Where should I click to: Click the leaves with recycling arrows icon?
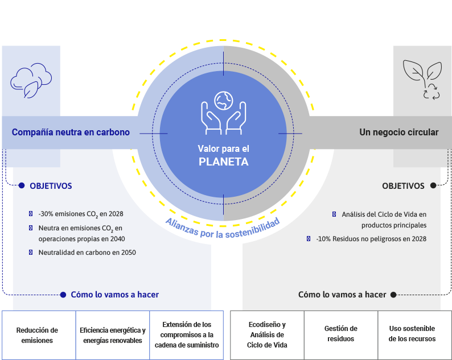click(422, 80)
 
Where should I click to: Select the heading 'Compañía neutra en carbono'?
click(71, 133)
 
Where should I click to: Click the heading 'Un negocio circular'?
click(398, 133)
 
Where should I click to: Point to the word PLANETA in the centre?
click(223, 162)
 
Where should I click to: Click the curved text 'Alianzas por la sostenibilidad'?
click(223, 224)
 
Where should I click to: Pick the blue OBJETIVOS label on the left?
click(51, 185)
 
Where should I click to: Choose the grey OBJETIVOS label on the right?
click(403, 185)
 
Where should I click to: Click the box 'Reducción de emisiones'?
click(37, 335)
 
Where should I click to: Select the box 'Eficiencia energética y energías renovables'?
click(113, 335)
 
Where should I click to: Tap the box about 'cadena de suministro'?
click(189, 335)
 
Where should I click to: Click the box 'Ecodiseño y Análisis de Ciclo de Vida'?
click(267, 335)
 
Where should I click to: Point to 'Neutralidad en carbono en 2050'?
click(87, 252)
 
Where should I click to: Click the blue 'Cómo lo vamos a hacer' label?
click(114, 295)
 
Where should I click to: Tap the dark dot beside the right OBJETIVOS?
click(433, 185)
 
